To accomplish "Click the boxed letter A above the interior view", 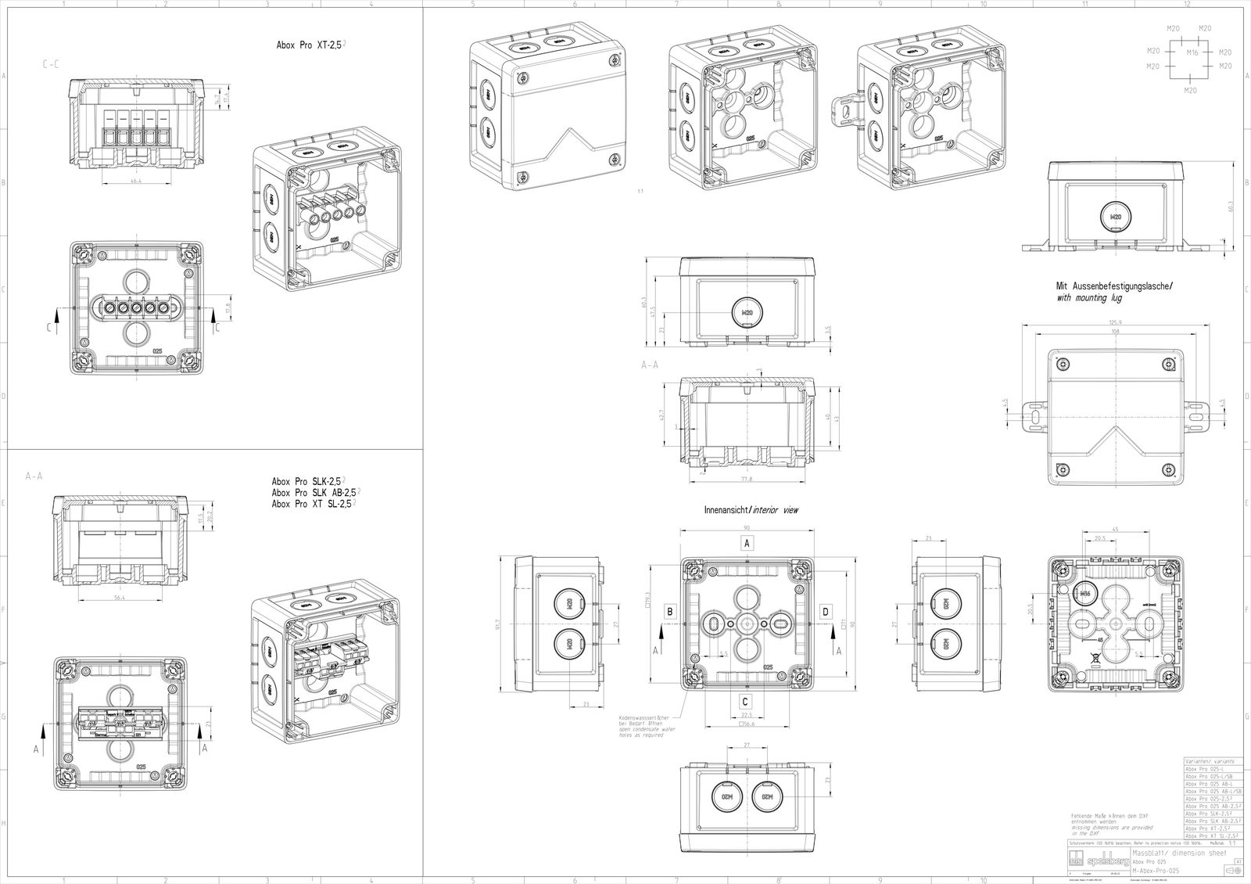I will point(747,543).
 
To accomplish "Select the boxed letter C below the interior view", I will point(746,703).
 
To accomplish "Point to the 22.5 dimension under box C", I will point(746,715).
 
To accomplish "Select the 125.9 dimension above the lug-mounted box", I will point(1115,322).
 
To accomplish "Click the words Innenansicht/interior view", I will point(751,510).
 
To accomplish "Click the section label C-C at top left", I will point(49,68).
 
